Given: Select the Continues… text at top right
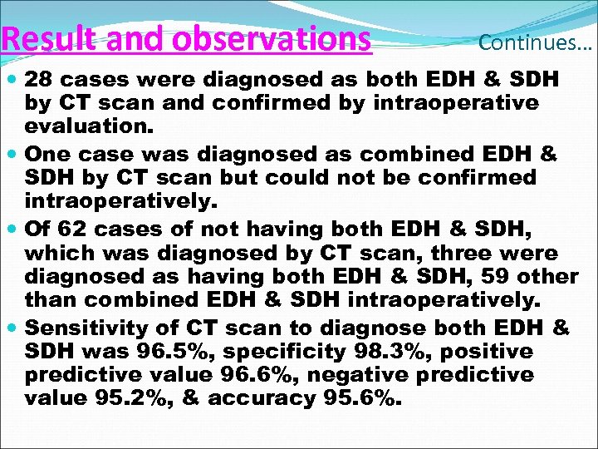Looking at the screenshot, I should pos(535,42).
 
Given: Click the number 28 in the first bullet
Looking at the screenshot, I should pos(39,81).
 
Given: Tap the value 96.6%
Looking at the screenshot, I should pos(277,375).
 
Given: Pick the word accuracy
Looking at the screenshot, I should pos(262,398).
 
